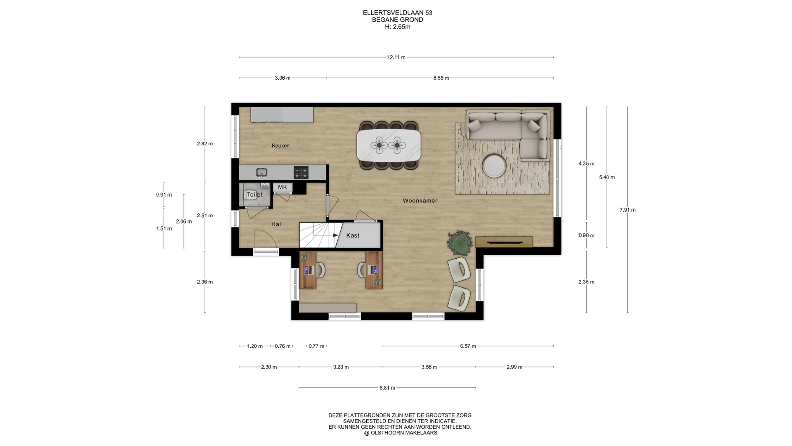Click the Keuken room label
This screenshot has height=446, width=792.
(280, 145)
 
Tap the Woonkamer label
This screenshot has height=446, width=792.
(420, 201)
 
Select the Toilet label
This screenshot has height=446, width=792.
(255, 195)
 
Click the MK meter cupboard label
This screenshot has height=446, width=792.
(283, 187)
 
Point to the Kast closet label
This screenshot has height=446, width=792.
(353, 235)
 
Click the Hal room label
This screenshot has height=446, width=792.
(276, 224)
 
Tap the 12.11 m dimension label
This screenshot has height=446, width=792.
(396, 57)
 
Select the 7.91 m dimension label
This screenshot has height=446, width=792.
(627, 210)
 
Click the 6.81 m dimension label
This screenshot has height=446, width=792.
(387, 388)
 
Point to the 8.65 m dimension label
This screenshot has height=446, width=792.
(441, 78)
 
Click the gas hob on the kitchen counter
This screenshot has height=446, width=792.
(301, 172)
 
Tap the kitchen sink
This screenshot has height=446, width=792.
(262, 172)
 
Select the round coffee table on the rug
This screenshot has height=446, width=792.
(494, 165)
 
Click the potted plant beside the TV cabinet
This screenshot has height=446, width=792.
(460, 242)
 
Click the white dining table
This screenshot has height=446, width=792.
(389, 145)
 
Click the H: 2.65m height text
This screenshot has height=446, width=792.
(398, 27)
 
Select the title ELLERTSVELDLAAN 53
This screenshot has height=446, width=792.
(398, 13)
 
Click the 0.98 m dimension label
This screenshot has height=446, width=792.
(586, 235)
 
